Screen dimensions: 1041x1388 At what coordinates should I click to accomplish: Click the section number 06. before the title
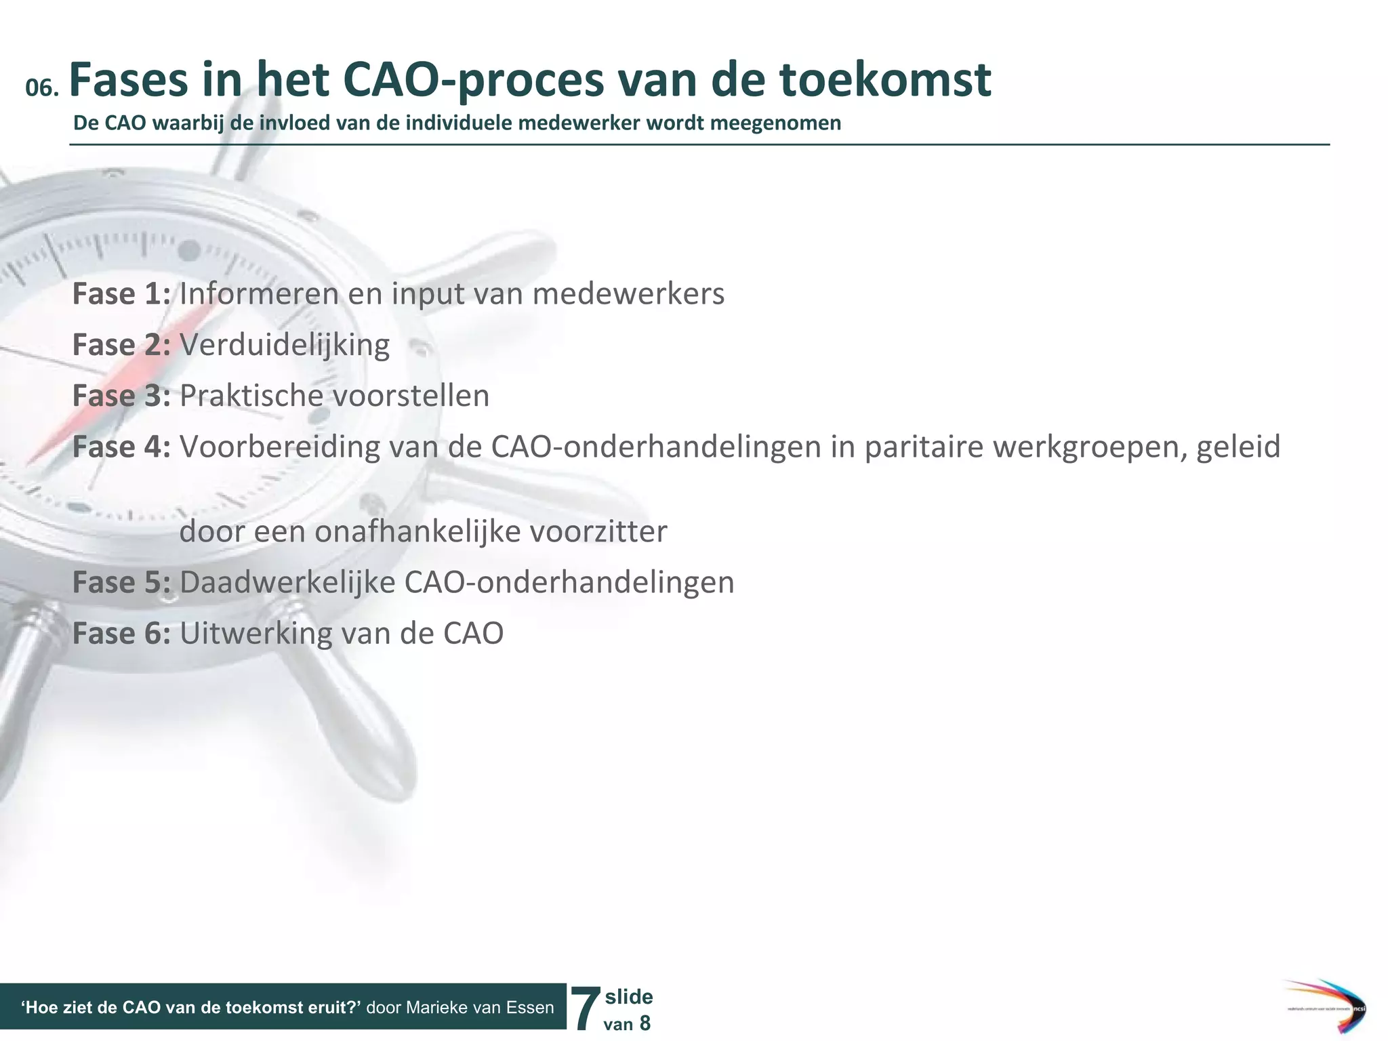[42, 88]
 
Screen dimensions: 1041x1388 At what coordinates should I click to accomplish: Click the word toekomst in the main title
[884, 80]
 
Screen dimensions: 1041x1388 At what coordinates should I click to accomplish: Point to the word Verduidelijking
[285, 345]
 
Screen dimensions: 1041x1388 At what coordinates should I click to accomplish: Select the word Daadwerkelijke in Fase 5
[287, 582]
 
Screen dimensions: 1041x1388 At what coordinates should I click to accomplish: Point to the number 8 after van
[645, 1023]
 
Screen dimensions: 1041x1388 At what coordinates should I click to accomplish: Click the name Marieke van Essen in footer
[481, 1008]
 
